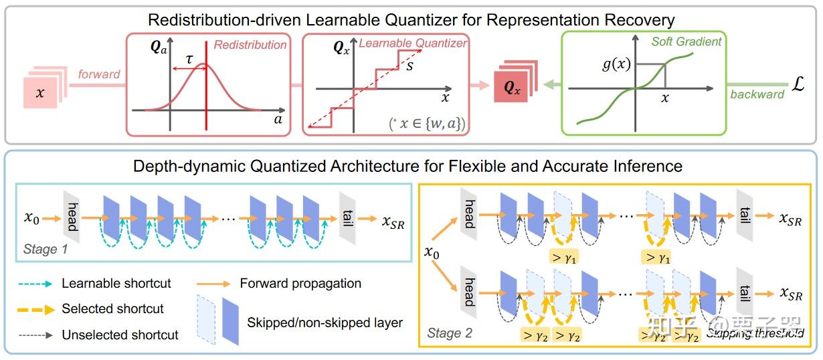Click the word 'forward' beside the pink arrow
pos(98,74)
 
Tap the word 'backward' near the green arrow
pos(757,94)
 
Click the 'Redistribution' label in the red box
pos(250,46)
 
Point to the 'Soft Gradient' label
pos(687,41)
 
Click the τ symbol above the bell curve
pos(189,58)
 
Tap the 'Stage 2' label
pos(450,333)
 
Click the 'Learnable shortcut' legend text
pos(116,284)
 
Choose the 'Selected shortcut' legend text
pos(113,308)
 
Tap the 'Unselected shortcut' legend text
pos(120,334)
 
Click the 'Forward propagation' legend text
pos(300,284)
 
